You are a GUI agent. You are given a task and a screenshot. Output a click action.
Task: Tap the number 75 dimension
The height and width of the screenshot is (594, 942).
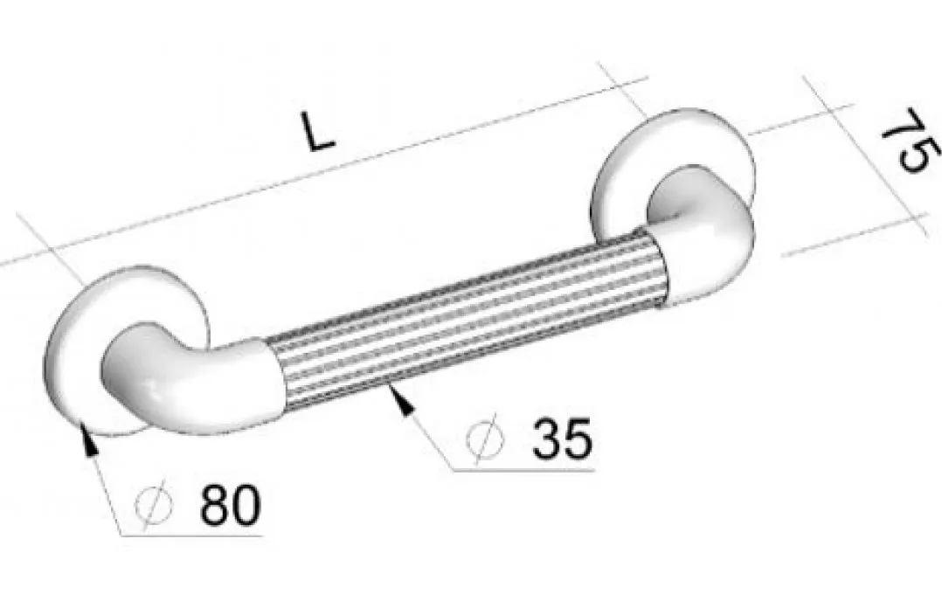(x=905, y=142)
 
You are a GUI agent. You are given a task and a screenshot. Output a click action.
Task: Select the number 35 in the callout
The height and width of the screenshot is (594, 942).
(x=562, y=439)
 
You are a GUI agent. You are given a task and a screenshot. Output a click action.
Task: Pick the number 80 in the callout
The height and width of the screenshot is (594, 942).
(x=229, y=505)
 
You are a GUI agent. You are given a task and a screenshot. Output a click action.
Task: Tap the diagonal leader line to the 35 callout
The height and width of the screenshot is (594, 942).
(x=428, y=437)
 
